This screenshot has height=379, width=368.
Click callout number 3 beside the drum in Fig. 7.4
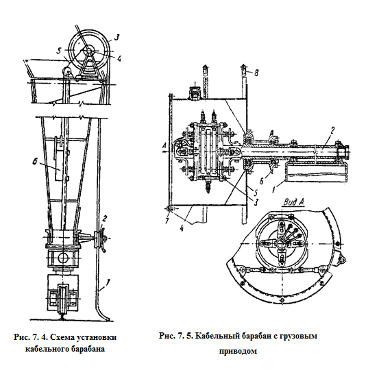coord(116,38)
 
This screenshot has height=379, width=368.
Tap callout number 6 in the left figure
coord(35,161)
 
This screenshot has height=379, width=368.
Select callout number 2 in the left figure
coord(105,219)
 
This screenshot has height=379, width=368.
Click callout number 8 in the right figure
coord(256,72)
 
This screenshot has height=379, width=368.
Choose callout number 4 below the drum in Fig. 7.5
coord(182,228)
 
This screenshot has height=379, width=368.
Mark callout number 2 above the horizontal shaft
coord(332,131)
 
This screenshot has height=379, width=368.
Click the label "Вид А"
coord(293,202)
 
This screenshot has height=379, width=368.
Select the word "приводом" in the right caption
coord(238,351)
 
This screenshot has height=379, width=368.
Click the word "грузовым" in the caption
coord(297,337)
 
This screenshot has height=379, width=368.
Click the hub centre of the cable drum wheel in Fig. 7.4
coord(88,51)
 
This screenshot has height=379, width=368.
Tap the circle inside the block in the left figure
coord(63,258)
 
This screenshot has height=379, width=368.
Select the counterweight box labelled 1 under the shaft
coord(317,172)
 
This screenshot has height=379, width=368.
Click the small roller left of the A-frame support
coord(66,72)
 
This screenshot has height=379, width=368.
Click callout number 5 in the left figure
coord(59,51)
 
